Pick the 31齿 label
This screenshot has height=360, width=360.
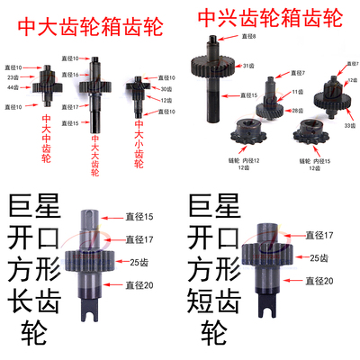[248, 66]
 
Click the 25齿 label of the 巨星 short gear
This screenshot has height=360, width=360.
[316, 258]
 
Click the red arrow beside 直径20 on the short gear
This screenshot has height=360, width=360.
[290, 280]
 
